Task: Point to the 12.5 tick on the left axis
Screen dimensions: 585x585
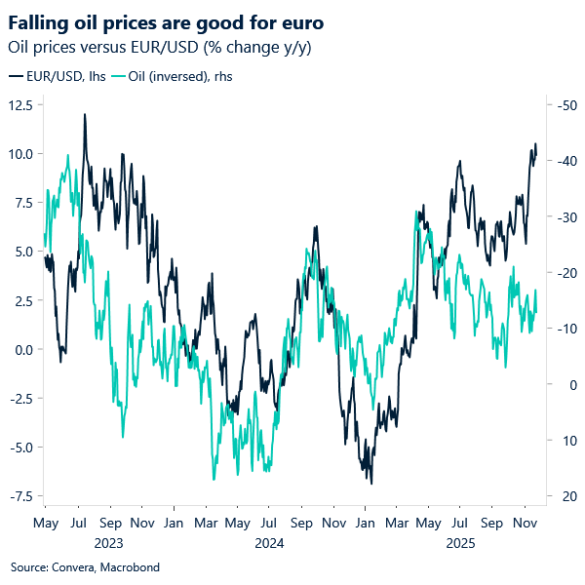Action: click(x=22, y=105)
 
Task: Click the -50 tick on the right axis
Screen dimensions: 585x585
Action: click(x=562, y=105)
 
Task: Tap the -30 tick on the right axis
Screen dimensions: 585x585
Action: click(x=562, y=217)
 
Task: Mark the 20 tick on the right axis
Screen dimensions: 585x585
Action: click(x=559, y=496)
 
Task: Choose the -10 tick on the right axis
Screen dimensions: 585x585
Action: click(x=562, y=329)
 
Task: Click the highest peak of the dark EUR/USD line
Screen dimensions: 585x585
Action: click(x=85, y=114)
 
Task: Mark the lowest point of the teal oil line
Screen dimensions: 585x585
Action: click(x=213, y=480)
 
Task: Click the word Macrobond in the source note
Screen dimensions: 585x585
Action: click(x=128, y=566)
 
